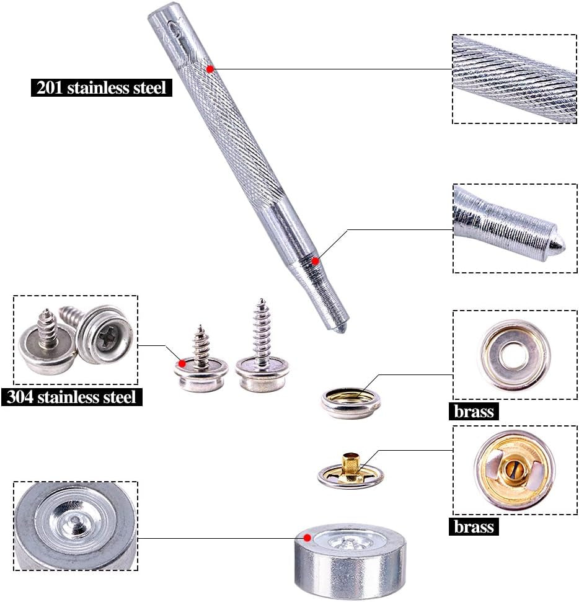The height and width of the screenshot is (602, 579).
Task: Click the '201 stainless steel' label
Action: (x=101, y=87)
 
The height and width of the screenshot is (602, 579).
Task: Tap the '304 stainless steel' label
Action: (x=72, y=397)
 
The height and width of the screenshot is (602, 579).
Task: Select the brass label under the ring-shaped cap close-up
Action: (x=474, y=412)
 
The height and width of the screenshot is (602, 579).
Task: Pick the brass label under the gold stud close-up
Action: (x=474, y=526)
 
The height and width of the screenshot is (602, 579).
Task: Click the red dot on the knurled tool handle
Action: (x=210, y=69)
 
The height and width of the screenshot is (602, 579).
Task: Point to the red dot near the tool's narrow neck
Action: (x=315, y=261)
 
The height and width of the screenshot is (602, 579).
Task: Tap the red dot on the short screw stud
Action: (x=182, y=363)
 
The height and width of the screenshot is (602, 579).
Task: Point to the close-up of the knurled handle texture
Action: (x=514, y=79)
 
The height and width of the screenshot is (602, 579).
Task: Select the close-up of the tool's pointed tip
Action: (x=514, y=228)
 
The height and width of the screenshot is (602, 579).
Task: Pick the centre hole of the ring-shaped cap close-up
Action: (x=513, y=355)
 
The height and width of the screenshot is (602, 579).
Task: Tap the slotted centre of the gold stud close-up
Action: (x=514, y=469)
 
